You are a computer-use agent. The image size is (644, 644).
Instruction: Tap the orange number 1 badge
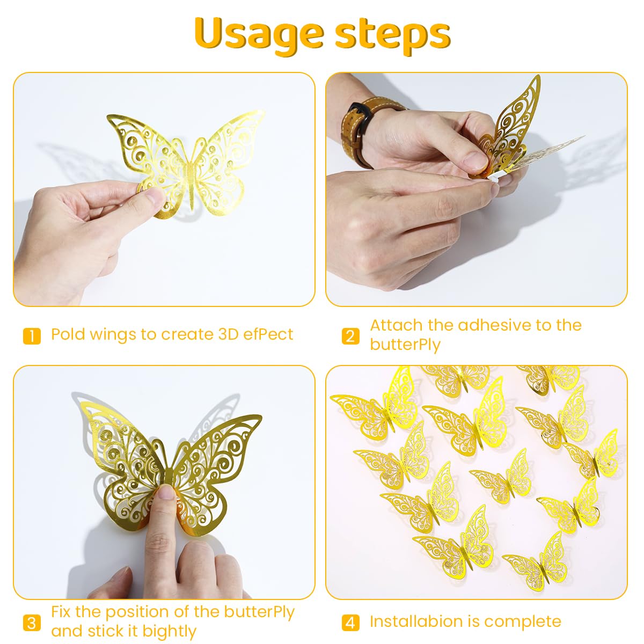32,336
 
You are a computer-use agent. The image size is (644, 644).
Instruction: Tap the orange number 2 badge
350,336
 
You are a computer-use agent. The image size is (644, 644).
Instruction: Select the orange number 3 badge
32,623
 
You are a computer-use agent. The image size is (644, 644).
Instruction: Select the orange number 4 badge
350,623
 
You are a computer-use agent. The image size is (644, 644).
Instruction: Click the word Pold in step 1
68,334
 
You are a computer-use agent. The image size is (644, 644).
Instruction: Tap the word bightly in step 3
169,631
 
